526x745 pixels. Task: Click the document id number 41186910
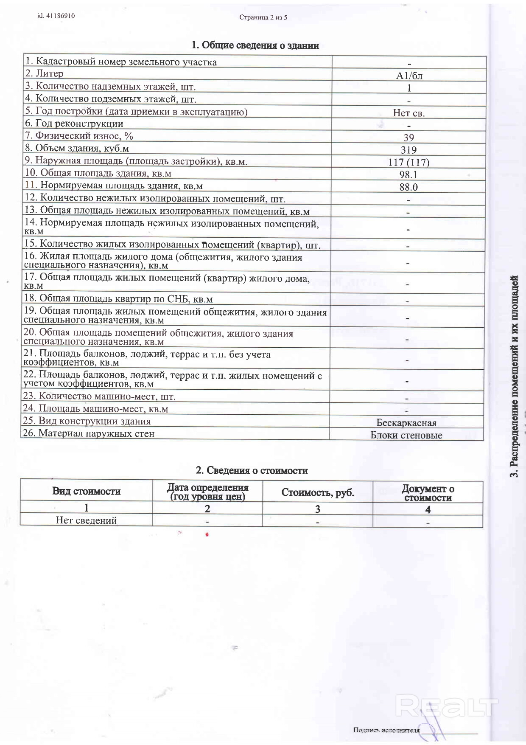pos(56,16)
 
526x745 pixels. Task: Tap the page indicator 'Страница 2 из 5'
pos(263,17)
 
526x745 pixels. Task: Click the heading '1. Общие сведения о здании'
pos(255,45)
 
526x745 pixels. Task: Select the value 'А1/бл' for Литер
pos(409,76)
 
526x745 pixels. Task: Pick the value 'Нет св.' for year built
pos(408,113)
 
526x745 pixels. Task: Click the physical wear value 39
pos(408,138)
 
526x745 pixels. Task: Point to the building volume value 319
pos(408,150)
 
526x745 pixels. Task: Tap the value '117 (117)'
pos(408,162)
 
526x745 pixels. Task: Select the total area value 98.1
pos(408,174)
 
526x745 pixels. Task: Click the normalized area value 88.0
pos(408,187)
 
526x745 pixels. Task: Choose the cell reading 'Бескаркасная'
pos(406,423)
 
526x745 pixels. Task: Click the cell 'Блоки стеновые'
pos(406,435)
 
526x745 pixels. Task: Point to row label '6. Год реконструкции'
pos(74,124)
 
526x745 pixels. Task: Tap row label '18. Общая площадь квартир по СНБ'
pos(118,298)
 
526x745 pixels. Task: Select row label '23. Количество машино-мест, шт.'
pos(99,396)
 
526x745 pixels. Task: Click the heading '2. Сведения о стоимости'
pos(252,470)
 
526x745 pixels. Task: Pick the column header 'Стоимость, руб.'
pos(317,492)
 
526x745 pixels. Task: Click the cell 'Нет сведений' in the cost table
pos(86,520)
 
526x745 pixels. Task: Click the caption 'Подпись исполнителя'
pos(386,730)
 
